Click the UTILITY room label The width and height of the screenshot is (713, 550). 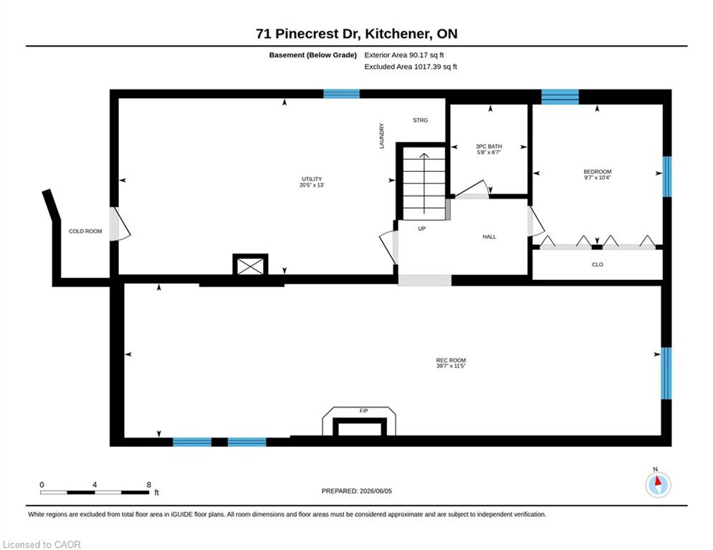(x=312, y=179)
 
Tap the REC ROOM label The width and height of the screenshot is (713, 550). (x=451, y=360)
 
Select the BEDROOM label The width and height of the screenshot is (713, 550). (x=598, y=172)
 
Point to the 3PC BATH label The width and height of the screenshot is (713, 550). (x=489, y=146)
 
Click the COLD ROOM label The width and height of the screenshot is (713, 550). (x=85, y=231)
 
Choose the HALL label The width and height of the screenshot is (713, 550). (x=489, y=237)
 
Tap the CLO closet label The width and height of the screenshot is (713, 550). (x=598, y=264)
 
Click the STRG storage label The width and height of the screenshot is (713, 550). (x=420, y=120)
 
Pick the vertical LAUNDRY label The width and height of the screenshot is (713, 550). (x=381, y=135)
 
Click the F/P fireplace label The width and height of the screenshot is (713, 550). (x=364, y=411)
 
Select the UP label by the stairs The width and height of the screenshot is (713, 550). (x=421, y=228)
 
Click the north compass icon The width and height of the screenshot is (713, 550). (x=658, y=485)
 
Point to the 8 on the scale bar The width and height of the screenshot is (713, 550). (x=149, y=485)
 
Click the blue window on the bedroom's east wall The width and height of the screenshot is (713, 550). (x=666, y=177)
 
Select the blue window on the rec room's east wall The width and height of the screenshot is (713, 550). (x=666, y=373)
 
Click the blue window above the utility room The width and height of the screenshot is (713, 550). (x=342, y=94)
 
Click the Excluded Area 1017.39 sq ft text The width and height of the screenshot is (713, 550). (x=411, y=67)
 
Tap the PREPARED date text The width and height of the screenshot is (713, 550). (x=357, y=491)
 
